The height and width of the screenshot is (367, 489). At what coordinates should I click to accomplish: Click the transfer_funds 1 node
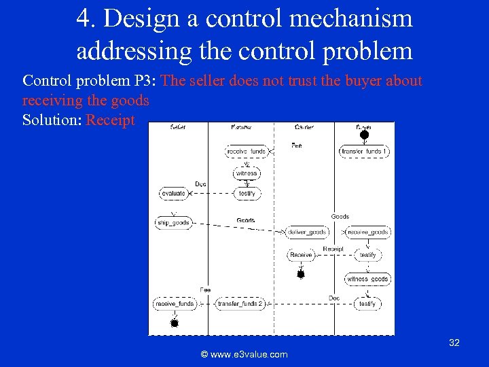pyautogui.click(x=364, y=152)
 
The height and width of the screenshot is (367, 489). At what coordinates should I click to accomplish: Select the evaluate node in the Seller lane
pyautogui.click(x=173, y=194)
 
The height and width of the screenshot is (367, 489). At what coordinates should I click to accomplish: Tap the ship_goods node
pyautogui.click(x=173, y=223)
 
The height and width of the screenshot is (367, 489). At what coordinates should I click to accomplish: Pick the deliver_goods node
pyautogui.click(x=307, y=232)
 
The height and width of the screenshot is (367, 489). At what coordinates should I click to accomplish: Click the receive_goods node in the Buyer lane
pyautogui.click(x=367, y=232)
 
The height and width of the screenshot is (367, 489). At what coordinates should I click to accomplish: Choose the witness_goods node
pyautogui.click(x=367, y=279)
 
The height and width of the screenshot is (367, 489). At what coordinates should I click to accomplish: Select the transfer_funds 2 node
pyautogui.click(x=240, y=304)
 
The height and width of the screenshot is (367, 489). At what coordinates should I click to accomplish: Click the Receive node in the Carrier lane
pyautogui.click(x=300, y=256)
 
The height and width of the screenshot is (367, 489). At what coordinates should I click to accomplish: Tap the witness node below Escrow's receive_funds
pyautogui.click(x=246, y=173)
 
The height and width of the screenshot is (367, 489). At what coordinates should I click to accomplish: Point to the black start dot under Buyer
pyautogui.click(x=364, y=135)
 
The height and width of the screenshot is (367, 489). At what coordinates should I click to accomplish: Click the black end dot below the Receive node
pyautogui.click(x=300, y=275)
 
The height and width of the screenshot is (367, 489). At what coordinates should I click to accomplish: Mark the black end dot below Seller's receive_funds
pyautogui.click(x=174, y=324)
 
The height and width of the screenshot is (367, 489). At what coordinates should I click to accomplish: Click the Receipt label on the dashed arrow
pyautogui.click(x=333, y=249)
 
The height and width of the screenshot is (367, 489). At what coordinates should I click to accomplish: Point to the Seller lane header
pyautogui.click(x=179, y=127)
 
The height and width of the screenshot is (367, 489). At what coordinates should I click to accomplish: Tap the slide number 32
pyautogui.click(x=454, y=343)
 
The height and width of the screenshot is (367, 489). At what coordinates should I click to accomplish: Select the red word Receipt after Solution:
pyautogui.click(x=111, y=120)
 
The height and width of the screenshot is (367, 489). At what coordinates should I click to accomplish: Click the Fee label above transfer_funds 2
pyautogui.click(x=205, y=290)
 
